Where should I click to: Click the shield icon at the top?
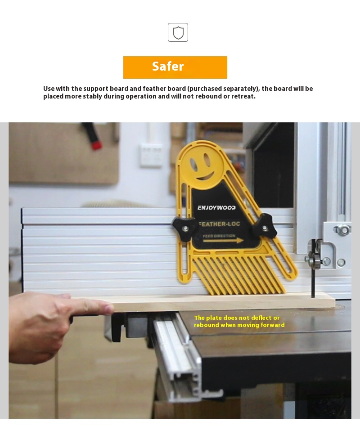(178, 32)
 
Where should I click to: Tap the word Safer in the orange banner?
(168, 66)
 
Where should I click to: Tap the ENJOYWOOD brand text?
(216, 207)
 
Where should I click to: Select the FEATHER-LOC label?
(220, 224)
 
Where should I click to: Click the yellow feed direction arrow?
(223, 241)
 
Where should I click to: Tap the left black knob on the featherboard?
(184, 229)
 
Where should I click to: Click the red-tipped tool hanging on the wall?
(92, 136)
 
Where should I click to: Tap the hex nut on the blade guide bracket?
(343, 229)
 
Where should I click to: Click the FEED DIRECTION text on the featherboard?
(219, 236)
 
